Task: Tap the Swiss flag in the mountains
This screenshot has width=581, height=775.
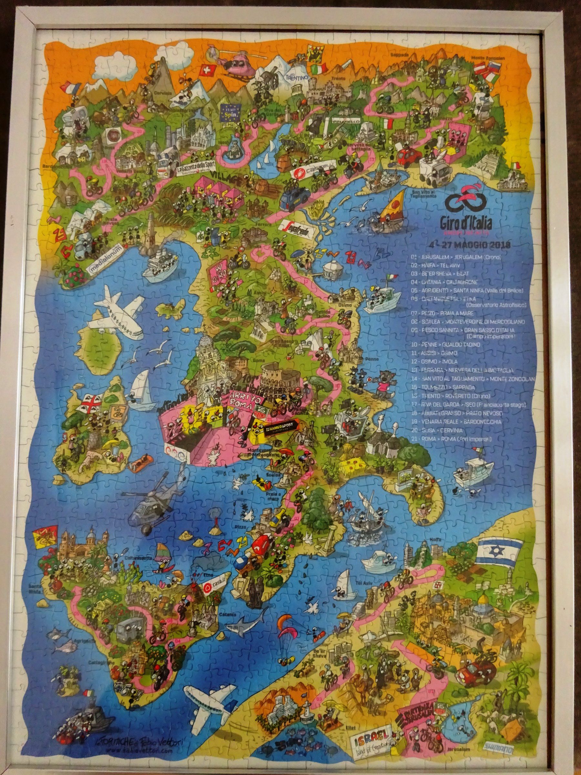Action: [x=204, y=70]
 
